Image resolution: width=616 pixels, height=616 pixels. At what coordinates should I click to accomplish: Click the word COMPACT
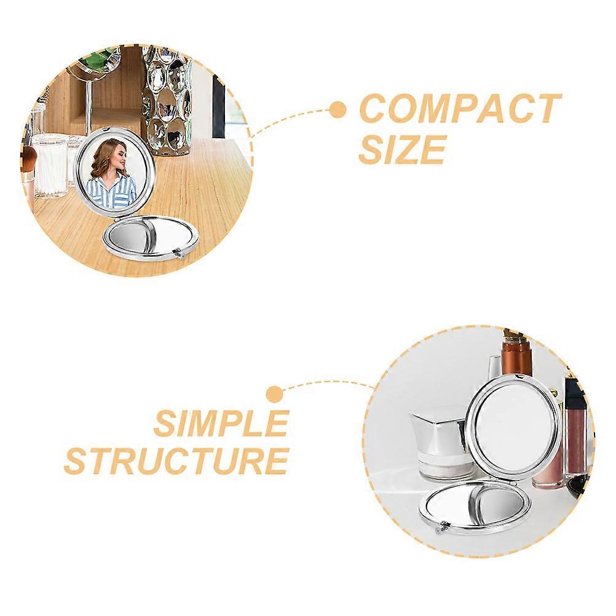[460, 108]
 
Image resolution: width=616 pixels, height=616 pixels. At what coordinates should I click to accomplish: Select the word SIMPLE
[221, 423]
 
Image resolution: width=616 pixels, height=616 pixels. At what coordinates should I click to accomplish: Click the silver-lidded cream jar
[440, 444]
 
